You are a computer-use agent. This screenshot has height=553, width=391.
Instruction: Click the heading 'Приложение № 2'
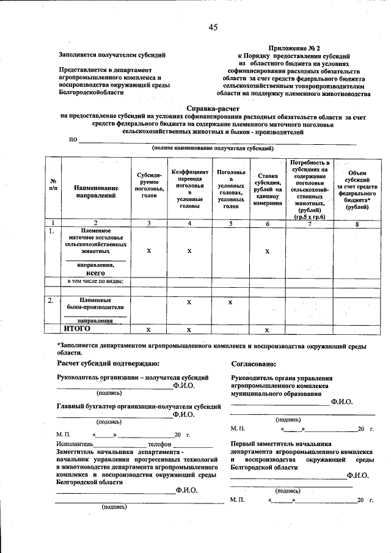pos(294,47)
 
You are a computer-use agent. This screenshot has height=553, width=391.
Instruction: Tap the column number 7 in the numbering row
pos(310,223)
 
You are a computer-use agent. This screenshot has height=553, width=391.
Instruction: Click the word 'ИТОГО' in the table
pos(78,329)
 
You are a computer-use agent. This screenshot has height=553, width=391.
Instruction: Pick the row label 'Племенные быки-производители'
pos(96,304)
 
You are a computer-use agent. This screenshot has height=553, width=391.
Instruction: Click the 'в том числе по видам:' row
pos(96,281)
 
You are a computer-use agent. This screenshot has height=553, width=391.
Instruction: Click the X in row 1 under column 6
pos(268,251)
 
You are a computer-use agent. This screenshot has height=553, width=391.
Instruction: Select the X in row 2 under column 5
pos(230,302)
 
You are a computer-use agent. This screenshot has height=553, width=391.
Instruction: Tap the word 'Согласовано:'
pos(252,364)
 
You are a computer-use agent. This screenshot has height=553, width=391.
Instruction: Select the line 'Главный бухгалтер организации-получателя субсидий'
pos(135,406)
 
